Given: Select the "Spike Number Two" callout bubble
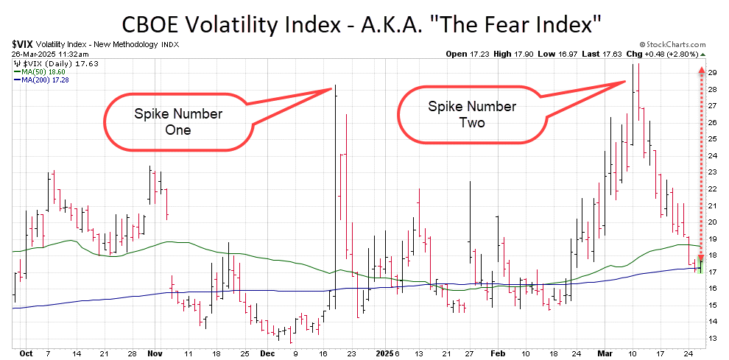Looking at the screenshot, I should (472, 114).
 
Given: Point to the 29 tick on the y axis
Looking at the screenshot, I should (712, 73).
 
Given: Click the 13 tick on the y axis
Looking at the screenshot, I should (712, 338).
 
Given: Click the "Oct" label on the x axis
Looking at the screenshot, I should (27, 353).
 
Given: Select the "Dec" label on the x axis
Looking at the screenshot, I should (268, 353).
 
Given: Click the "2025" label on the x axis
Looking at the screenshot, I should (384, 353).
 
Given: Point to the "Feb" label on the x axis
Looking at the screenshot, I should (498, 353).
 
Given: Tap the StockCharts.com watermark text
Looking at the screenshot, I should (673, 45).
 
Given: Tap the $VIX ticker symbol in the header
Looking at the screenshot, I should (24, 45).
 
